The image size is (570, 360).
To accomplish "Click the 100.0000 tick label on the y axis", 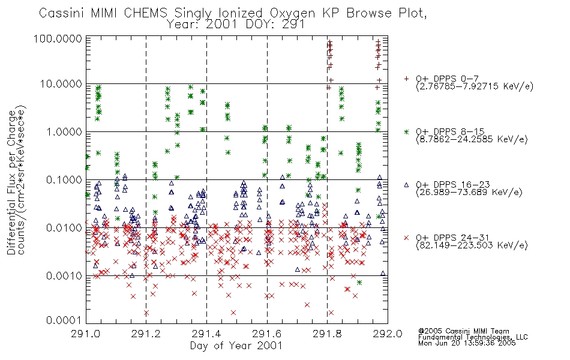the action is [58, 38].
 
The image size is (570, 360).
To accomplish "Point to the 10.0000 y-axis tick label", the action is [61, 84].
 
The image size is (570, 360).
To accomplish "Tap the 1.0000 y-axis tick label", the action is [64, 131].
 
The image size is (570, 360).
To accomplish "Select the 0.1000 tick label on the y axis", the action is [64, 179].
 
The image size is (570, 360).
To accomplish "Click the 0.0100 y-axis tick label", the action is [64, 227].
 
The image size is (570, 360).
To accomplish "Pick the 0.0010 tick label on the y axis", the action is [64, 275].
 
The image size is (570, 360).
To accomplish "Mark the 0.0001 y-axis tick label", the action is [64, 320].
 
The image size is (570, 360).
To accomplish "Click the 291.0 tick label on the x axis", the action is [86, 334].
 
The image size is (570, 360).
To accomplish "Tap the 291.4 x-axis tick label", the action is [206, 334].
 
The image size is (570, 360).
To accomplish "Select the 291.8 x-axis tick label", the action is [327, 334].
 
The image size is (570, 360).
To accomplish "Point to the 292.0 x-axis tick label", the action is [388, 334].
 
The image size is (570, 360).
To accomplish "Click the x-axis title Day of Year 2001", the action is [236, 346].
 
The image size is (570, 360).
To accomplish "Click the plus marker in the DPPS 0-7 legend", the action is [406, 79].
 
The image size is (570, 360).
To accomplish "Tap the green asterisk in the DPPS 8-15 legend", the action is [406, 131].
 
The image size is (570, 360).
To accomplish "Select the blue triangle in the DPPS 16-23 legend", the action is [406, 185].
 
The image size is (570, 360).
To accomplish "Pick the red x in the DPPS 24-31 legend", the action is [406, 238].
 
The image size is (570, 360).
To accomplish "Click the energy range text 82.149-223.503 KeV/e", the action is [472, 245].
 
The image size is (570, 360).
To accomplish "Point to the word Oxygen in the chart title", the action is [292, 13].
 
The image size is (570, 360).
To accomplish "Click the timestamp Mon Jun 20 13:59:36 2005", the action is [467, 343].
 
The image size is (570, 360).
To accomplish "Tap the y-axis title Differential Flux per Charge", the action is [11, 182].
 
